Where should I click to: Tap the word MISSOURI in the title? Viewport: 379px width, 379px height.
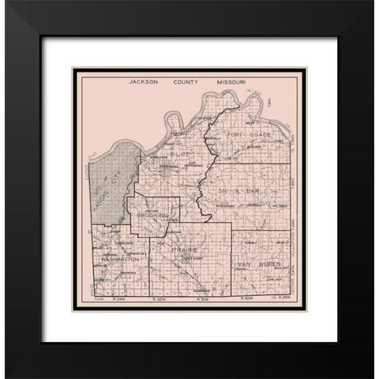click(234, 81)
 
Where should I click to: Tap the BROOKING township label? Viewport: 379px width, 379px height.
click(153, 215)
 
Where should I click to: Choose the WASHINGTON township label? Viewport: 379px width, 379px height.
click(118, 258)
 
